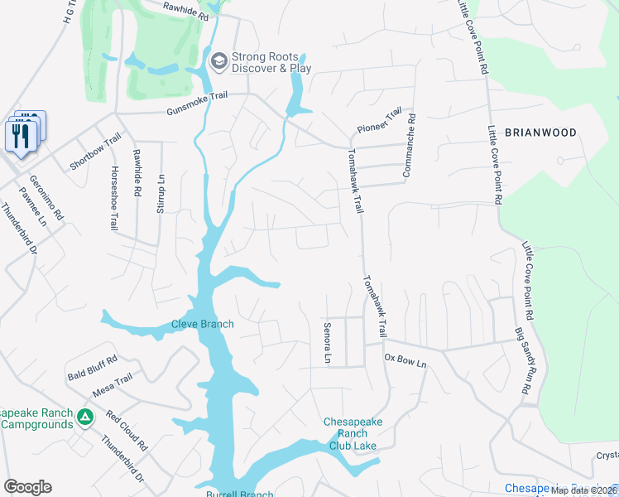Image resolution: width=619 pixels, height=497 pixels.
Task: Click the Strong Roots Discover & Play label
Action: click(x=271, y=63)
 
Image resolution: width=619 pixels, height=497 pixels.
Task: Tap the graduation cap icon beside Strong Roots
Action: click(x=218, y=60)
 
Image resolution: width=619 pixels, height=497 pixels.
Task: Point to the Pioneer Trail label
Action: click(x=378, y=122)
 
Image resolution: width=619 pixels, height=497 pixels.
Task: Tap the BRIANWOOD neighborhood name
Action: click(x=540, y=133)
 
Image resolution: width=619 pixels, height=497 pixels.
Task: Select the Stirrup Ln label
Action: click(x=162, y=190)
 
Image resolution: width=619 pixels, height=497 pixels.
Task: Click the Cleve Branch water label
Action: click(x=203, y=324)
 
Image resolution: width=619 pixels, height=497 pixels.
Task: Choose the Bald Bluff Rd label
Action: click(x=93, y=368)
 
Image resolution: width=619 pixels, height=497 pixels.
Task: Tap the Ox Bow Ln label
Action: click(x=405, y=362)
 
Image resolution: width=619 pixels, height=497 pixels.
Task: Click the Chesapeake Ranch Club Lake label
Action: click(x=353, y=434)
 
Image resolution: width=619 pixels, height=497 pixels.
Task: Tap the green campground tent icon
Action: click(x=85, y=416)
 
